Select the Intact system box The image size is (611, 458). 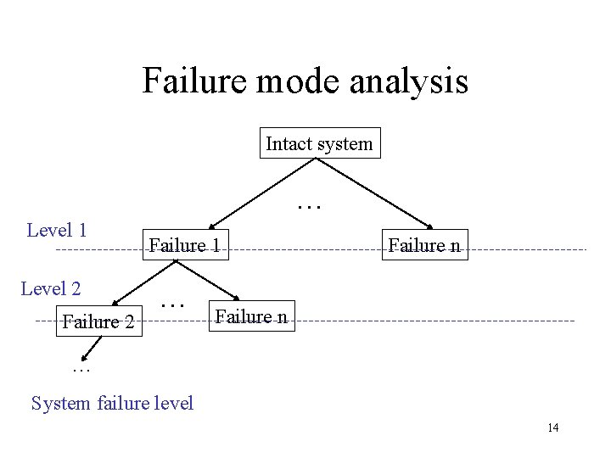pyautogui.click(x=319, y=143)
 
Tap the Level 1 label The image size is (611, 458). pyautogui.click(x=57, y=229)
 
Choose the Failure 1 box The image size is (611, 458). pyautogui.click(x=186, y=246)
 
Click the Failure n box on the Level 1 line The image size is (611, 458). pyautogui.click(x=424, y=246)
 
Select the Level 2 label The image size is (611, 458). pyautogui.click(x=51, y=288)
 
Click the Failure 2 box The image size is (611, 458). pyautogui.click(x=98, y=322)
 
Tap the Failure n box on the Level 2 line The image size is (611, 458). pyautogui.click(x=252, y=317)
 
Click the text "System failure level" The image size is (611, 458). pyautogui.click(x=112, y=403)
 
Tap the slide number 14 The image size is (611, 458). pyautogui.click(x=553, y=427)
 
